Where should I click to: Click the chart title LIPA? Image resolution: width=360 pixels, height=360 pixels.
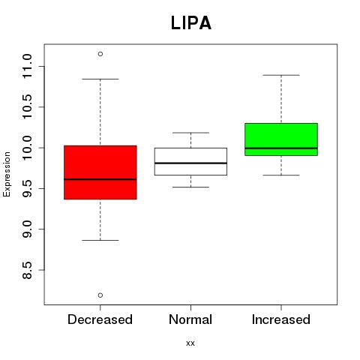[191, 23]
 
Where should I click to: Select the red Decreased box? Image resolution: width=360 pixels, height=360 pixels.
[100, 172]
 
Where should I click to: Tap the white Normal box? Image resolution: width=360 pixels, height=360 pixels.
[190, 161]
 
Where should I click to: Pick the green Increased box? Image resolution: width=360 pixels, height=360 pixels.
[281, 139]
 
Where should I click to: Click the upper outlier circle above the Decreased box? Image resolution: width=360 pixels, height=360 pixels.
[100, 54]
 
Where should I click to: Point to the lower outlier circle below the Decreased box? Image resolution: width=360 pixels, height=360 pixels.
[100, 295]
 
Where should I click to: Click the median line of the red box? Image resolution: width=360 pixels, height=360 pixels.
[100, 179]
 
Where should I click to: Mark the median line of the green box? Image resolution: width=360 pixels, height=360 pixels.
[281, 148]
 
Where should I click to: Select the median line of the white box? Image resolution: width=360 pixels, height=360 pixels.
[190, 163]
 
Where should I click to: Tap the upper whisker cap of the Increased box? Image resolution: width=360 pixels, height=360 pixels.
[281, 75]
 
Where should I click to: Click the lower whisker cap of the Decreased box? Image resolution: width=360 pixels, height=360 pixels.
[100, 240]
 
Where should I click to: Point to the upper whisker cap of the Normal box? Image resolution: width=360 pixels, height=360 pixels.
[190, 133]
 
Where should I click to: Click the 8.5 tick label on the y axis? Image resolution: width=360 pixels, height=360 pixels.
[27, 270]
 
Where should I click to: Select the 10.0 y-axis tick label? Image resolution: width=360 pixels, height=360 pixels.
[27, 148]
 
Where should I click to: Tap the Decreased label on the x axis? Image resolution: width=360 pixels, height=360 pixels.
[100, 319]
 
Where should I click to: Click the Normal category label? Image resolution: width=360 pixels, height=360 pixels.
[190, 319]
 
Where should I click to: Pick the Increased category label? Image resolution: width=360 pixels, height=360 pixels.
[281, 319]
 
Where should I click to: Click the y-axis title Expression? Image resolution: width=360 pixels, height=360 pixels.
[7, 174]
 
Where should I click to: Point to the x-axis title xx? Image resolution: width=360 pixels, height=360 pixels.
[190, 343]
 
